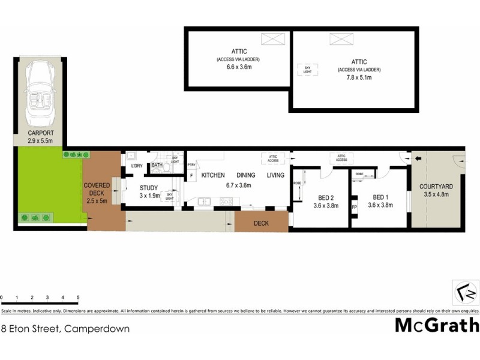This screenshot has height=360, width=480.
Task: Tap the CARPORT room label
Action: [x=41, y=133]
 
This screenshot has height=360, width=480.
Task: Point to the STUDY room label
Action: [x=148, y=188]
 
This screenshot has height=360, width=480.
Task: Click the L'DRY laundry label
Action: [x=136, y=166]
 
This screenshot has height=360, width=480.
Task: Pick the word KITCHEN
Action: [x=213, y=175]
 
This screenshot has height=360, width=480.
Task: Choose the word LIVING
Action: [x=276, y=175]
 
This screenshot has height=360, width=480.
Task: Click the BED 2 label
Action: [x=326, y=197]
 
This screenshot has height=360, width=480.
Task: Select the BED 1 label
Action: [x=379, y=197]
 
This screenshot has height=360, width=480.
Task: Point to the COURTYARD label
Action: [x=436, y=187]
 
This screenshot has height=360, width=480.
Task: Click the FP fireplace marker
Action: [x=354, y=207]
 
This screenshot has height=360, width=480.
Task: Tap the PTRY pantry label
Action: [x=191, y=165]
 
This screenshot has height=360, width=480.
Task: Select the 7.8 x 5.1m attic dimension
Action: [x=359, y=77]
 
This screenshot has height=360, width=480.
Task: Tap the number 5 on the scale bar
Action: [x=78, y=297]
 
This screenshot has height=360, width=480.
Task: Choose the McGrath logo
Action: [x=437, y=325]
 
